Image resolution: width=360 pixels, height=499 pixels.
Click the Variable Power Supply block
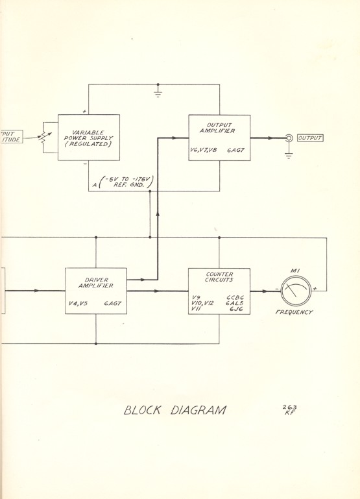(89, 137)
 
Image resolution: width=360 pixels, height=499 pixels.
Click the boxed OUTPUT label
(309, 138)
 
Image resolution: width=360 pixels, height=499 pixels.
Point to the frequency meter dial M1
(294, 290)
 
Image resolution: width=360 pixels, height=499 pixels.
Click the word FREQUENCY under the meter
(295, 313)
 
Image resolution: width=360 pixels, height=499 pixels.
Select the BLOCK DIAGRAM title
(174, 409)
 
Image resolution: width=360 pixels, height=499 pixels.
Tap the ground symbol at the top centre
(158, 93)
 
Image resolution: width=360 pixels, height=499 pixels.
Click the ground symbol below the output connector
(289, 154)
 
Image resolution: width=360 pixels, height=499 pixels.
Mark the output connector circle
(289, 138)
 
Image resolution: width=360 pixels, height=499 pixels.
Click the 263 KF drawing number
(290, 410)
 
